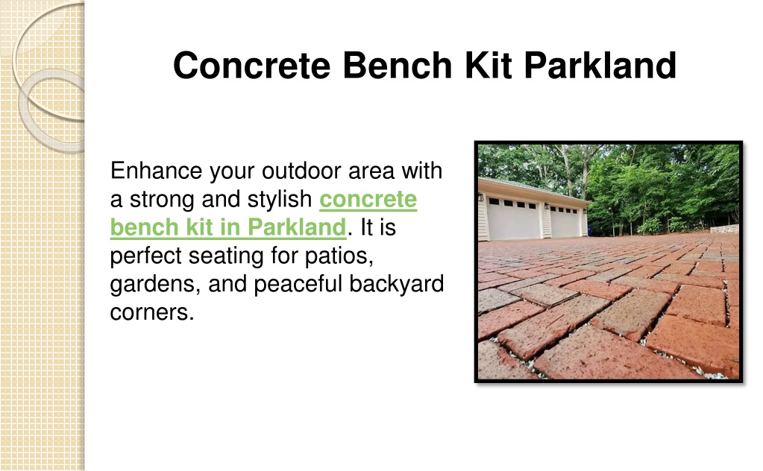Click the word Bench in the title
(x=397, y=65)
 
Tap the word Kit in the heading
(x=488, y=65)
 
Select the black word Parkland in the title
(x=600, y=65)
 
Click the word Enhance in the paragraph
(x=156, y=171)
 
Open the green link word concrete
(x=368, y=199)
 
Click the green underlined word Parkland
(x=297, y=227)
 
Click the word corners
(x=152, y=312)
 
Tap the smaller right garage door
(x=565, y=221)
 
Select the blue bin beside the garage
(x=591, y=230)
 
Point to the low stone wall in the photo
(x=724, y=229)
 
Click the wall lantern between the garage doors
(x=547, y=206)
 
